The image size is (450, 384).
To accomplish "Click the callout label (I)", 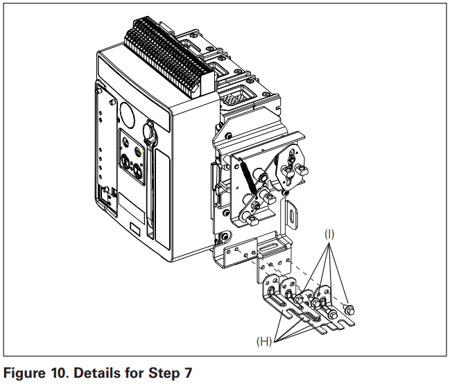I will pos(329,234).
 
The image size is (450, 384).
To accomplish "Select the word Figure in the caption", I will pos(25,373).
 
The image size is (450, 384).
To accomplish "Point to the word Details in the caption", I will pos(98,373).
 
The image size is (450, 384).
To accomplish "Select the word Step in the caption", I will pos(164,373).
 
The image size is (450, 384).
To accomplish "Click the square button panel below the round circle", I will pos(132,162).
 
